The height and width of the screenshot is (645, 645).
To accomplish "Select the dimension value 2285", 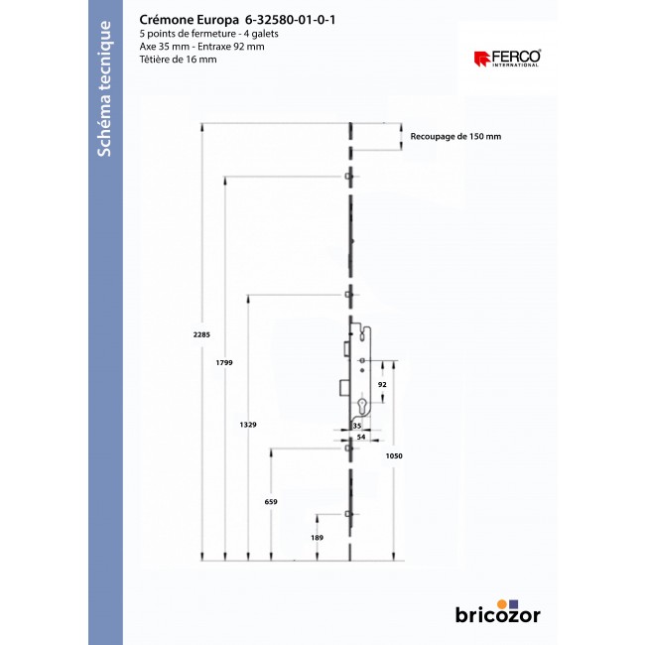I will pos(201,334).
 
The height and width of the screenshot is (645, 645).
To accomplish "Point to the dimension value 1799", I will pos(224,364).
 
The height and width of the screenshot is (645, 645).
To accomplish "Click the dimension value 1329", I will pos(248,424).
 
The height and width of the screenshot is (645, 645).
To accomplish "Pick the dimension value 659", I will pos(271,502).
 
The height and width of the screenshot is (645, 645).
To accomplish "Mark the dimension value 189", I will pos(317,537).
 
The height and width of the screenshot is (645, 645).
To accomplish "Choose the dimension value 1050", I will pos(395,454).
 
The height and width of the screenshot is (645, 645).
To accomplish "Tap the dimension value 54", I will pos(361,436).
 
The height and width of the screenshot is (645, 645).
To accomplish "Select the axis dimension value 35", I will pos(356,425).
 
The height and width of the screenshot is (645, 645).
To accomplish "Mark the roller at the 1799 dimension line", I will pos(348,178).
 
